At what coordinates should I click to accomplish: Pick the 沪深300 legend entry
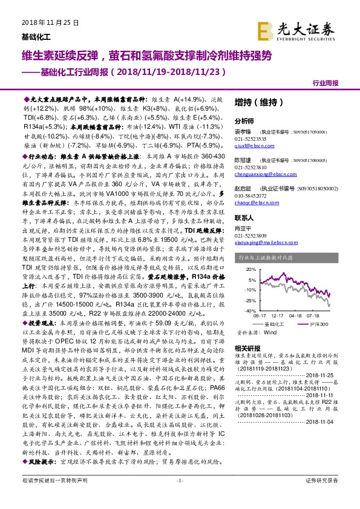click(x=321, y=324)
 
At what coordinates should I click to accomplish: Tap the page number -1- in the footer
click(x=179, y=497)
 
